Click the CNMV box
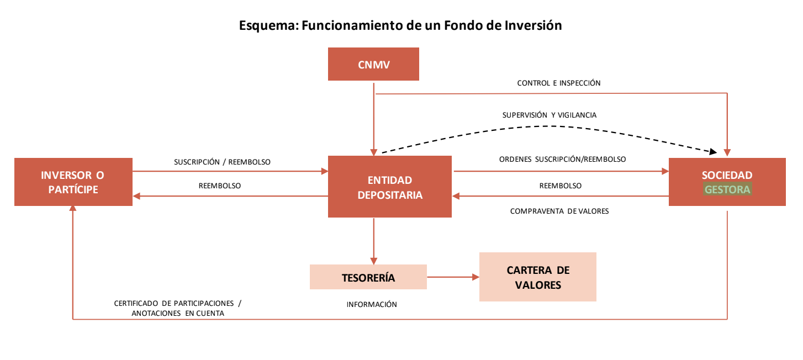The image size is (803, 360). tap(373, 64)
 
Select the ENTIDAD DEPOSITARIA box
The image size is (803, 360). tap(390, 187)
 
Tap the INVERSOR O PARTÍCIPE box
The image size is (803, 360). tap(73, 182)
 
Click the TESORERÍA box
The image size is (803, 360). tap(368, 277)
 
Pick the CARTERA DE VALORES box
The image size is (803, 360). tap(538, 277)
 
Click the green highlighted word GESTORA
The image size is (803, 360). tap(727, 189)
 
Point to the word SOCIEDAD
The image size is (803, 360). tap(727, 175)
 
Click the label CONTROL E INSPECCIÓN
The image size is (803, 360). tap(558, 83)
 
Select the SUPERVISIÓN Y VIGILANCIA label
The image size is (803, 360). tap(549, 115)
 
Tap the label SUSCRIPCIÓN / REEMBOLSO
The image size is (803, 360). tap(222, 162)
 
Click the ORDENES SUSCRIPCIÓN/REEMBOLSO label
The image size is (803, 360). tap(562, 159)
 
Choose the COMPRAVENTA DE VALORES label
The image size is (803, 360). tap(559, 211)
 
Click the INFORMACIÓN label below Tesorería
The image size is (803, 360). tap(371, 304)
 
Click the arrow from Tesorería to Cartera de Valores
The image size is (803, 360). tap(453, 277)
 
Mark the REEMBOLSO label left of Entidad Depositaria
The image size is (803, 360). tap(220, 186)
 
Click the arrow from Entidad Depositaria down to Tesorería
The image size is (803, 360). tap(373, 241)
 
